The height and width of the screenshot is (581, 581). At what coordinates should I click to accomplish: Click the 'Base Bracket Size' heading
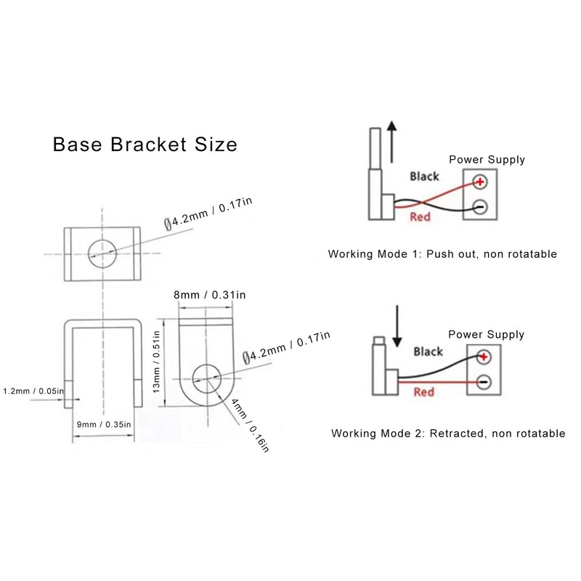click(x=145, y=144)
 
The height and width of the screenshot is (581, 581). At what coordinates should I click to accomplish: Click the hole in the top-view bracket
click(x=102, y=253)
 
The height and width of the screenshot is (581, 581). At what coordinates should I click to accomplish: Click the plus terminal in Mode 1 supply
click(x=479, y=182)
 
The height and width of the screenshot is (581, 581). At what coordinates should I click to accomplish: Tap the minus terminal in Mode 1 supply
click(x=479, y=206)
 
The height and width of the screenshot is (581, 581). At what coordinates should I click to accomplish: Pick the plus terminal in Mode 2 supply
click(x=483, y=357)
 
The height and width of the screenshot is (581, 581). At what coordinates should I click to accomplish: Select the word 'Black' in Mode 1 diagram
click(x=424, y=176)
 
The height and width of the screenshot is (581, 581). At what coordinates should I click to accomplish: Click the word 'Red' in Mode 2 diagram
click(x=423, y=392)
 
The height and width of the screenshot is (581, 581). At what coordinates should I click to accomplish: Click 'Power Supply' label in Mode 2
click(x=486, y=335)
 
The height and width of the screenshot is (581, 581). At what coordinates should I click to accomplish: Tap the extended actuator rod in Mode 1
click(x=374, y=149)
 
